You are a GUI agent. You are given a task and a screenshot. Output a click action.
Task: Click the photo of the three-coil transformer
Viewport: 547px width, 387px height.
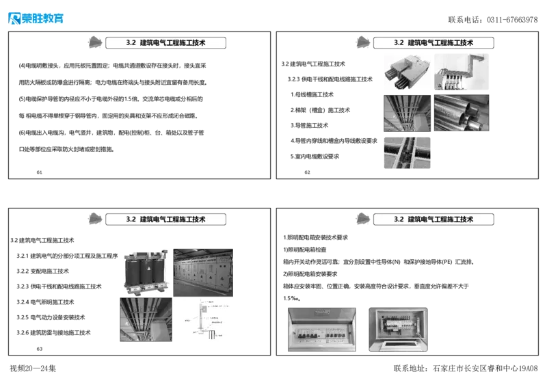(x=144, y=271)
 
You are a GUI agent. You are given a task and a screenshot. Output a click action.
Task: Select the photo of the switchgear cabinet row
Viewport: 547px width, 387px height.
(x=204, y=271)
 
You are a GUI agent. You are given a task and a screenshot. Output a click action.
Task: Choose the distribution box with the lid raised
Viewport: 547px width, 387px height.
(x=321, y=330)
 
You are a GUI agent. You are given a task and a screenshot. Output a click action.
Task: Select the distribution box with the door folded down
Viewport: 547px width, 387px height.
(x=397, y=330)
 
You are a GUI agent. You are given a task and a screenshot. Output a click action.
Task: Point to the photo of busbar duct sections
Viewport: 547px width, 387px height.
(x=406, y=74)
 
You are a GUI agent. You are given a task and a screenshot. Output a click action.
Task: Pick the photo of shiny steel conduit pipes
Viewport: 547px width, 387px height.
(x=462, y=113)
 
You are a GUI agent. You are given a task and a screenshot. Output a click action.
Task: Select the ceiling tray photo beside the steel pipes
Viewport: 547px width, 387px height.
(x=407, y=113)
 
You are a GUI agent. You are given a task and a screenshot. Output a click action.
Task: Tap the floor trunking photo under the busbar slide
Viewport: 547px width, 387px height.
(x=407, y=152)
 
